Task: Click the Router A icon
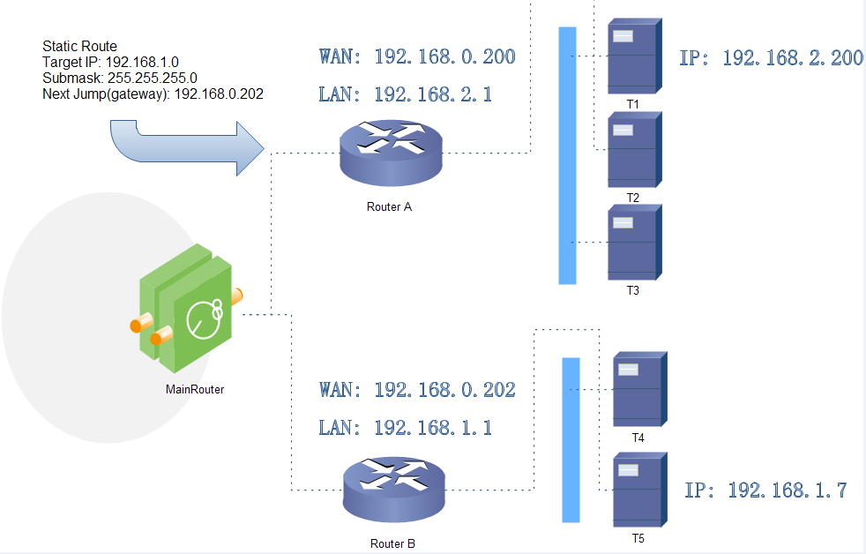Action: (391, 152)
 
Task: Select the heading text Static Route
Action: (79, 46)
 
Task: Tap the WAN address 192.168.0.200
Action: (417, 57)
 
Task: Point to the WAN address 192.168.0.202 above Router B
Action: (417, 390)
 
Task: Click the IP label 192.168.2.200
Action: (772, 58)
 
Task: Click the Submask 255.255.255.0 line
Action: (120, 78)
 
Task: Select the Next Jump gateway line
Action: (153, 94)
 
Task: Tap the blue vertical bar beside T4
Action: (571, 439)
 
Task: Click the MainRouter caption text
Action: (195, 389)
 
